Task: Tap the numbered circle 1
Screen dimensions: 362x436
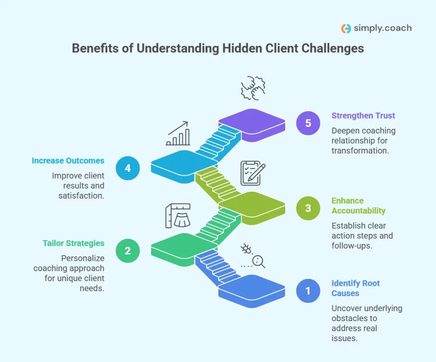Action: coord(308,291)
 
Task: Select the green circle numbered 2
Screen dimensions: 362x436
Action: coord(127,251)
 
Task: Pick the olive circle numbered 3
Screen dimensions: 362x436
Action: coord(308,208)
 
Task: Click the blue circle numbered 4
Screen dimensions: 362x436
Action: coord(127,168)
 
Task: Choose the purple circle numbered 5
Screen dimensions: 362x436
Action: coord(308,123)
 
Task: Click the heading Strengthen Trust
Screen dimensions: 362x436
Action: coord(363,115)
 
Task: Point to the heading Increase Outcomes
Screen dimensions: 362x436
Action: coord(68,161)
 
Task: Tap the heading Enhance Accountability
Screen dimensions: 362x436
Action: coord(359,205)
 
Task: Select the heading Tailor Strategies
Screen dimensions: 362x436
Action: coord(73,243)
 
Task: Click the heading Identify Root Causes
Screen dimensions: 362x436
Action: coord(356,288)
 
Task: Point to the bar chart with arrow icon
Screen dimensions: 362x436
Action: coord(178,133)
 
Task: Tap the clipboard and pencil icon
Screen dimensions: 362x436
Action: coord(252,173)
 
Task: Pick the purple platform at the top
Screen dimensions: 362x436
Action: coord(252,122)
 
